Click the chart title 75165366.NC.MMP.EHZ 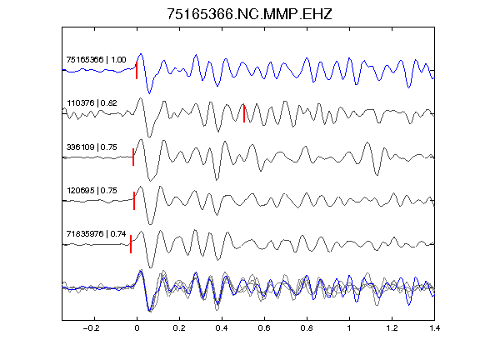249,14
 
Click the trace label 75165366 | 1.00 96,59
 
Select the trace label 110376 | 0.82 92,103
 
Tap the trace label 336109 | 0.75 92,147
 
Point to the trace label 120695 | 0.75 92,191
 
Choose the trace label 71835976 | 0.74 96,234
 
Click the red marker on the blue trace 137,70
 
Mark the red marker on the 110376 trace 244,113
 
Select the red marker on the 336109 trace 133,157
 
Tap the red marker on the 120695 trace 134,201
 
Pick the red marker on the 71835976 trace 131,244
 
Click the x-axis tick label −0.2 91,328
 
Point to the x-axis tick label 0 137,328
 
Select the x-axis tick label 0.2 179,328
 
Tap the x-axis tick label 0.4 222,328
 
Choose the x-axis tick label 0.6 264,328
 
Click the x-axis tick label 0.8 307,328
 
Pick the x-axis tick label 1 349,328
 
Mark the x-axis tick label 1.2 392,328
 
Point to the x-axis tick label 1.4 434,328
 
